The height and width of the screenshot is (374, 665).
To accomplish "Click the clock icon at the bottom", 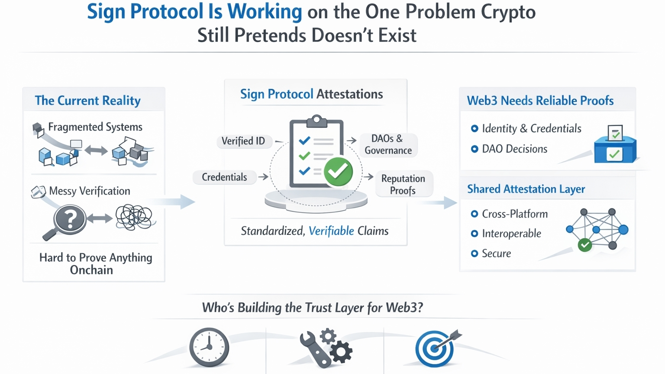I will tap(209, 348).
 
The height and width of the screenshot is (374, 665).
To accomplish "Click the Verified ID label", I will tap(243, 141).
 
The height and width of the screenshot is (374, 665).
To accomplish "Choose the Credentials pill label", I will tap(224, 177).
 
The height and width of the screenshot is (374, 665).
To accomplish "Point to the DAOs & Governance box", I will tap(388, 145).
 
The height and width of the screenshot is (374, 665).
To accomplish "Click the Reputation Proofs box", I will tap(403, 185).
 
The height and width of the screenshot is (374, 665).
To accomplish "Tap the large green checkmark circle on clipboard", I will tap(338, 172).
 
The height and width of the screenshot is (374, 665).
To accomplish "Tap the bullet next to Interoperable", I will tap(475, 234).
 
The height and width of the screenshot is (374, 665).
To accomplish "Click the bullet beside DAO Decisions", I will tap(475, 149).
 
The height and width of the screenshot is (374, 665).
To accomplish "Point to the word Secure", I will tap(496, 254).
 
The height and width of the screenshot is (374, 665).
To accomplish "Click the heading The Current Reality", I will tap(88, 101).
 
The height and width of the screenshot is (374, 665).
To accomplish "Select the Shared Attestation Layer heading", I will tap(526, 189).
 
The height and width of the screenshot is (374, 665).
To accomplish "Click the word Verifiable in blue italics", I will tap(331, 231).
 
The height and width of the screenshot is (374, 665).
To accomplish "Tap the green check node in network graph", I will tap(585, 245).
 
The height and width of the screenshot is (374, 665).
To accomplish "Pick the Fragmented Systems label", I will tap(95, 127).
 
